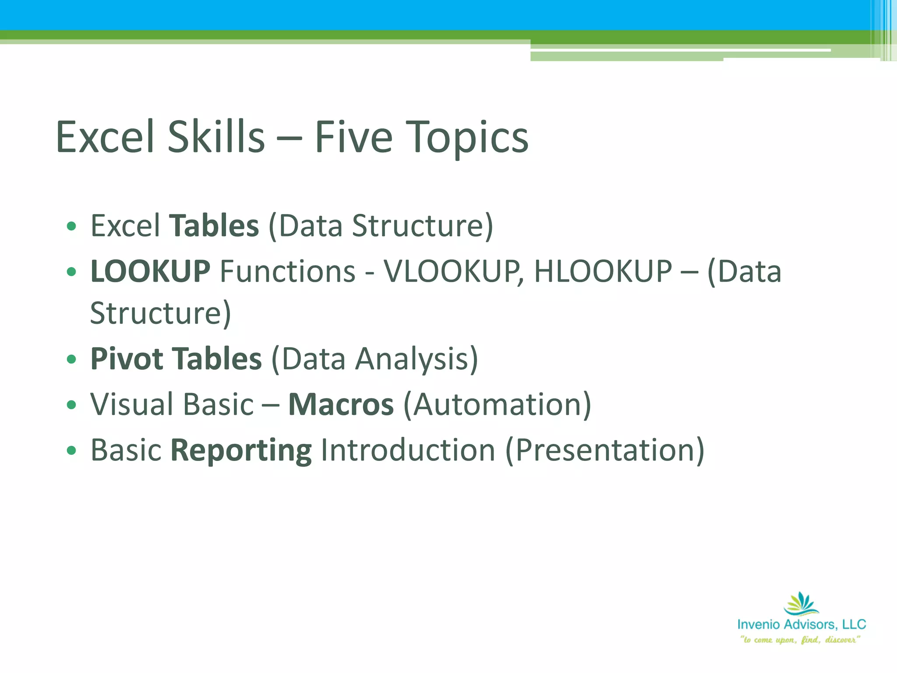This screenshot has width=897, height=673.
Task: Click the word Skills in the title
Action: pyautogui.click(x=216, y=137)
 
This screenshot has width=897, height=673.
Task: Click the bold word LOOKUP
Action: pyautogui.click(x=150, y=271)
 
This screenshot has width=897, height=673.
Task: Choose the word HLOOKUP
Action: pyautogui.click(x=603, y=271)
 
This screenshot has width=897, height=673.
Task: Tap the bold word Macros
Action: pyautogui.click(x=341, y=404)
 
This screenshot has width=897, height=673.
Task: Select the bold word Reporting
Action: pyautogui.click(x=241, y=450)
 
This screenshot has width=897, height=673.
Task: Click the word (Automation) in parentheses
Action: pyautogui.click(x=497, y=404)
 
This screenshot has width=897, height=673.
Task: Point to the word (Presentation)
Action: pyautogui.click(x=605, y=450)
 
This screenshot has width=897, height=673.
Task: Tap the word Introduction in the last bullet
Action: pyautogui.click(x=408, y=450)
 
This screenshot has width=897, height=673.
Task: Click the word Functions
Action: pyautogui.click(x=287, y=271)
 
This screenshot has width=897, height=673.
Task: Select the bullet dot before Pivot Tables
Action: pyautogui.click(x=71, y=360)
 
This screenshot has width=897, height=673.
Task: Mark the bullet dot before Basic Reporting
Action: pyautogui.click(x=71, y=450)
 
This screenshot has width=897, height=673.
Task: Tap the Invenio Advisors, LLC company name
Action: pyautogui.click(x=802, y=624)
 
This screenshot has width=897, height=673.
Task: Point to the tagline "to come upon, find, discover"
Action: pyautogui.click(x=800, y=640)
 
